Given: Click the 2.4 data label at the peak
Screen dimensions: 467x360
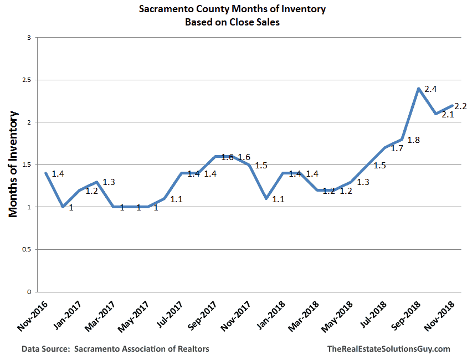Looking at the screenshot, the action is coord(430,89).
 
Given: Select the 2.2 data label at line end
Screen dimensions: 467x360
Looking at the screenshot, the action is coord(460,106).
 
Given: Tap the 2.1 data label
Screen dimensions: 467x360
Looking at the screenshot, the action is coord(448,114).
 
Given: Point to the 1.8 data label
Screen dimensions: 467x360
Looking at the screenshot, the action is coord(414,140).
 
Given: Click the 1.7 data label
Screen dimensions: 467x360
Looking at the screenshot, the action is coord(397,148).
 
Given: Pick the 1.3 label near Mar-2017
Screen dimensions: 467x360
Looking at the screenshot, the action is coord(109,182).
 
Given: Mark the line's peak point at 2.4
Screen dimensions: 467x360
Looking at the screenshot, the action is coord(419,89).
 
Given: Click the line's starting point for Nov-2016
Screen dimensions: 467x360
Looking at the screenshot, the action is coord(46,173).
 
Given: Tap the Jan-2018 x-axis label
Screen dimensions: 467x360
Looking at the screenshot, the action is coord(271,315).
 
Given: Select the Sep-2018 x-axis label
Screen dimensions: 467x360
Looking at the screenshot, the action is coord(406,316).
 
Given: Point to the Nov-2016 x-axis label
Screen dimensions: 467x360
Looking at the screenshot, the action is coord(33,316).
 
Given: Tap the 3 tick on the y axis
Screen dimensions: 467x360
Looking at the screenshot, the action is coord(29,38).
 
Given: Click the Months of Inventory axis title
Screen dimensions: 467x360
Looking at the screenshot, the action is coord(13,164).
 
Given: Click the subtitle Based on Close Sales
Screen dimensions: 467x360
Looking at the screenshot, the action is coord(232,22).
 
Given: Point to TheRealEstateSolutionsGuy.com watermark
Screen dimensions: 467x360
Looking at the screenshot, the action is coord(389,349).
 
